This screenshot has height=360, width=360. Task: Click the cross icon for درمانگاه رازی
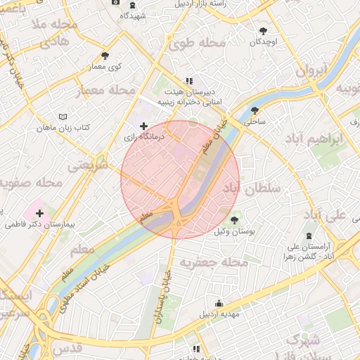coord(144,126)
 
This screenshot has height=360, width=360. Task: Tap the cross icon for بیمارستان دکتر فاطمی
coord(39,213)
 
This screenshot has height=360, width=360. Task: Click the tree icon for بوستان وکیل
coord(234,220)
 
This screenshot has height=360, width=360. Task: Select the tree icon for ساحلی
coord(254,110)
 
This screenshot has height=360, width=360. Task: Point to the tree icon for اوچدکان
coord(264,32)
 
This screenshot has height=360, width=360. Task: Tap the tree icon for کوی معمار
coord(105,56)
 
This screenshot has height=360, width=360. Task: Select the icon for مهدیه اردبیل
coord(219,304)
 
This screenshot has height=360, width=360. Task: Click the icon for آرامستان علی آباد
coord(310,237)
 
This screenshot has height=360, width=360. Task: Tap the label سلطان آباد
coord(251,188)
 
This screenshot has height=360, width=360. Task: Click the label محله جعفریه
coord(214,263)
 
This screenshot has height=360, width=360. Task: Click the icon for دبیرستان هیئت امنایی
coord(188,82)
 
